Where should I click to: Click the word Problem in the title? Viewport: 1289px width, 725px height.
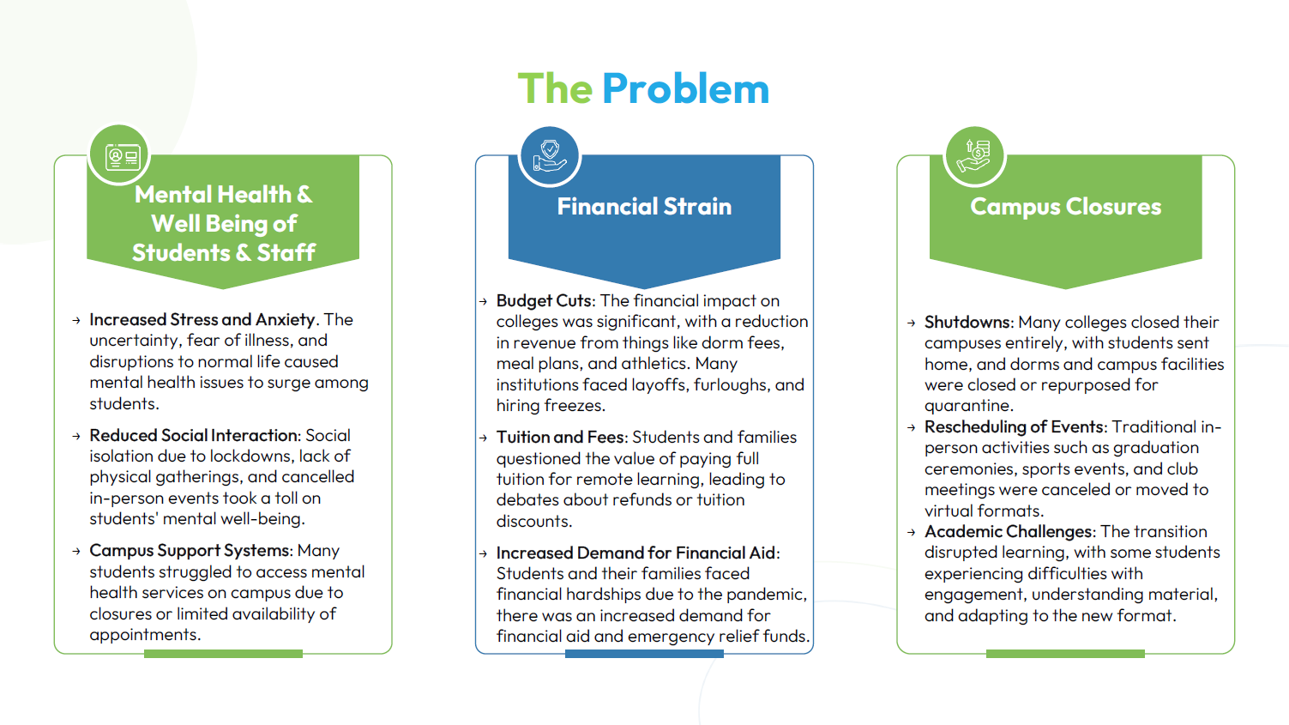[685, 88]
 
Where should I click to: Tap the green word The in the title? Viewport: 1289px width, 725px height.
[555, 88]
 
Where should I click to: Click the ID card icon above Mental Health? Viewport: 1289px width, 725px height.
[123, 157]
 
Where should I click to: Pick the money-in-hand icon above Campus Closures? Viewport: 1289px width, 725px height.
[973, 155]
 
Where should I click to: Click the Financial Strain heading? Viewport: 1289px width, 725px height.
[644, 206]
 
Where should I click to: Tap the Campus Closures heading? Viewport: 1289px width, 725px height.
[1065, 207]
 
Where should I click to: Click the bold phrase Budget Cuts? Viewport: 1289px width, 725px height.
[544, 300]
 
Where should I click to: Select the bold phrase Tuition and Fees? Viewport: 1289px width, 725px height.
[560, 437]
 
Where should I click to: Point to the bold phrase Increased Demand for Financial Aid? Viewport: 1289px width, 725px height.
[635, 553]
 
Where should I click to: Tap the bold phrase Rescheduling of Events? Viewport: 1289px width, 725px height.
[1014, 426]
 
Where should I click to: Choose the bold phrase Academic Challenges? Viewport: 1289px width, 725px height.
[1008, 531]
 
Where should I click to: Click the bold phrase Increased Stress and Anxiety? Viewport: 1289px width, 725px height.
[202, 319]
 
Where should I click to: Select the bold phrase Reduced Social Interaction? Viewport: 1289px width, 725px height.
[194, 435]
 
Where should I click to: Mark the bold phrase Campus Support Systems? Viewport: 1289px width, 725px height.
[190, 551]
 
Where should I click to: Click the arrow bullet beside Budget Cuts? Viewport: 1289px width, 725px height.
[484, 301]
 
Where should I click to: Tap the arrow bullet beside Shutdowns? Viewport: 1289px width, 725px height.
[911, 323]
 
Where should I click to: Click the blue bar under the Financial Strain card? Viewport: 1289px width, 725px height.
[644, 654]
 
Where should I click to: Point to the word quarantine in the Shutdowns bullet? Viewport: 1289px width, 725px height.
[969, 406]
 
